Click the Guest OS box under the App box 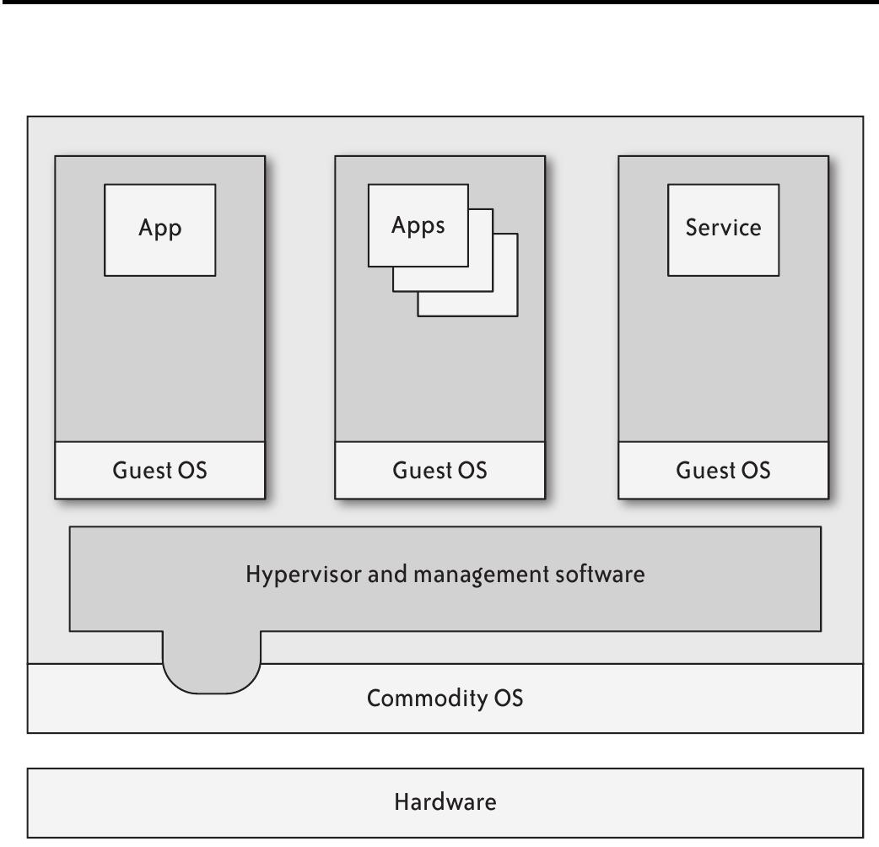click(x=159, y=470)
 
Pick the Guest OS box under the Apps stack click(x=439, y=470)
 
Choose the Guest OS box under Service click(x=723, y=470)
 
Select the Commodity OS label click(x=445, y=699)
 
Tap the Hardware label click(x=445, y=801)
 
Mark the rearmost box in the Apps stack click(x=507, y=304)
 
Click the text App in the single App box click(x=159, y=229)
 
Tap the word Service click(x=723, y=228)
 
